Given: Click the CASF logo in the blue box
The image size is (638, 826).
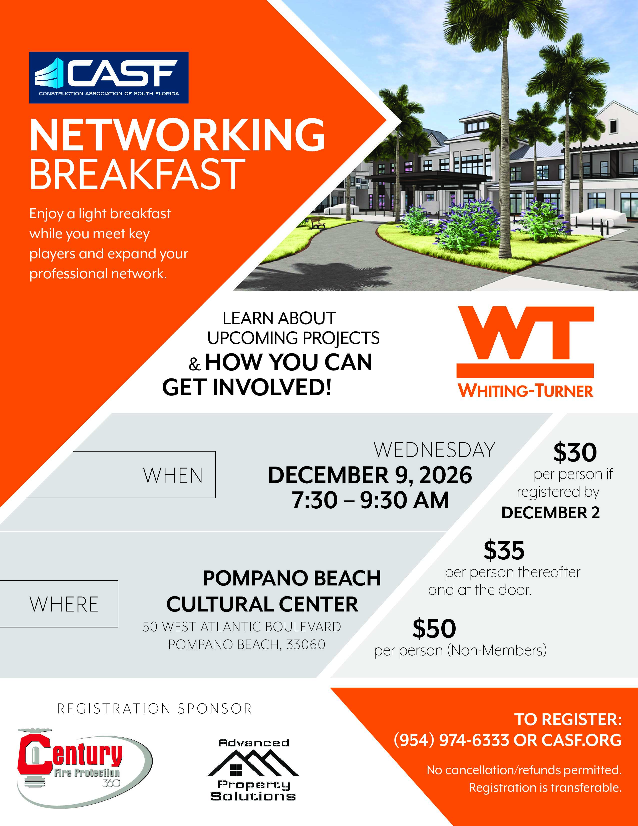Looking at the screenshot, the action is coord(109,78).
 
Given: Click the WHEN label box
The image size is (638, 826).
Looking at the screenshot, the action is coord(121,475).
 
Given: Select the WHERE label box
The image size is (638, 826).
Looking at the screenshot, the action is coord(59,604).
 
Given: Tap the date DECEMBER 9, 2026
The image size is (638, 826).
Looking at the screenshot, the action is coord(370,475).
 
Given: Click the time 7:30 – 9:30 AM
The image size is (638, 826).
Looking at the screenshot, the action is coord(370,500).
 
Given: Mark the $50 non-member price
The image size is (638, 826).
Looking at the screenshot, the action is coord(434,628).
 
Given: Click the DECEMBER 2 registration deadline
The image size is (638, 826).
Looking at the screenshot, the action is coord(551,513).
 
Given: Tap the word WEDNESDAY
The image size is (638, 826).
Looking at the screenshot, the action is coord(434,450).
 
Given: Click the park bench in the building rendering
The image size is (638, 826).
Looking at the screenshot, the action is coord(318,223).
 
